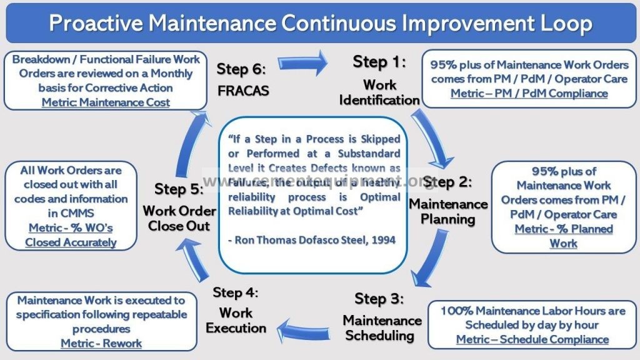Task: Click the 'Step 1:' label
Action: coord(379,62)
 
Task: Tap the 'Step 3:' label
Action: coord(379,298)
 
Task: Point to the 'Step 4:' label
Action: coord(235,292)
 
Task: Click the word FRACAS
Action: coord(242,91)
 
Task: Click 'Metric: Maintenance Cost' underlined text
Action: coord(106,102)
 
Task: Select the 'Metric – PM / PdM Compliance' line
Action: coord(529,93)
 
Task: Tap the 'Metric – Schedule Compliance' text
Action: coord(532,339)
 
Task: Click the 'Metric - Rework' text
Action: coord(101,343)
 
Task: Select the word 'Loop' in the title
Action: coord(564,23)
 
